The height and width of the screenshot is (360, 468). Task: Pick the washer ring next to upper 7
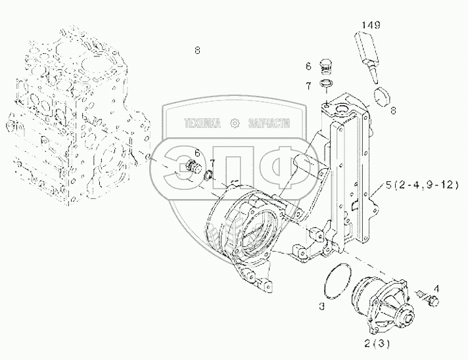325,83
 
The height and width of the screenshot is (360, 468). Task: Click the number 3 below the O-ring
321,305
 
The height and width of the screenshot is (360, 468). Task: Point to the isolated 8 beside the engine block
197,50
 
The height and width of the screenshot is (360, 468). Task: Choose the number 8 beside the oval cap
392,111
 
